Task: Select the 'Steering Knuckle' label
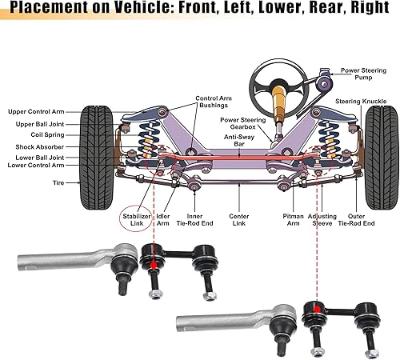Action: (x=361, y=102)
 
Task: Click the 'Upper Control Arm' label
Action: (x=35, y=111)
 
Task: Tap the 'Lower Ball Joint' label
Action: (x=37, y=158)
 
